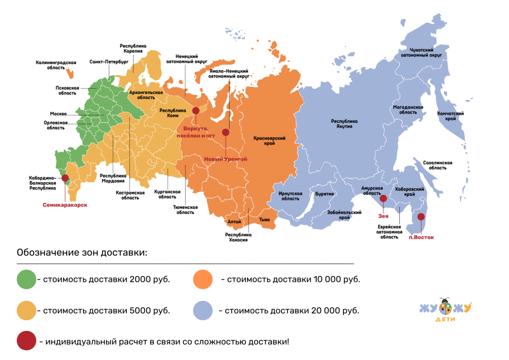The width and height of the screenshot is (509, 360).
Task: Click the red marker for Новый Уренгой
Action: [226, 132]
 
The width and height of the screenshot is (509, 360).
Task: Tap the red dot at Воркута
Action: [196, 111]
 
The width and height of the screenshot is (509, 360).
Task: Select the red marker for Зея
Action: [383, 198]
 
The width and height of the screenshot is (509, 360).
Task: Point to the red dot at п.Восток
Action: [421, 216]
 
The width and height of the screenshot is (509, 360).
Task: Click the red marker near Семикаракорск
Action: [65, 178]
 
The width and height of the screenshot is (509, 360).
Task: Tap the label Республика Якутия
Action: [344, 123]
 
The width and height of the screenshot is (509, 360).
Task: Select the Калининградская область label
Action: [56, 65]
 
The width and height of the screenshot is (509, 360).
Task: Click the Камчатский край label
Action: [450, 116]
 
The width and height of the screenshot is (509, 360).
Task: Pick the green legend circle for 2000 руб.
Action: [26, 279]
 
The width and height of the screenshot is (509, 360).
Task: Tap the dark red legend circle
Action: [26, 342]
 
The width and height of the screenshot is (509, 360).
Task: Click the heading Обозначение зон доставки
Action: [82, 252]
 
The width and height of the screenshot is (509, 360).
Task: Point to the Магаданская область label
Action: [408, 109]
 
